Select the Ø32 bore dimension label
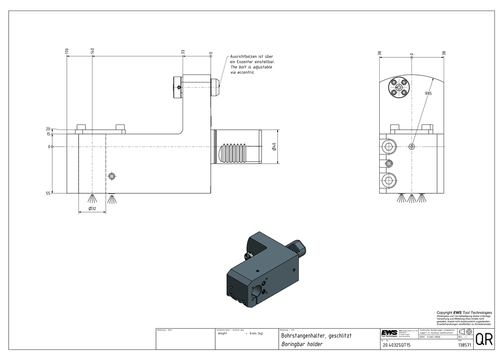92,208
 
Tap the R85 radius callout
428,94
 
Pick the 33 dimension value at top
183,51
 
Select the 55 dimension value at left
48,193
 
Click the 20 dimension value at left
48,129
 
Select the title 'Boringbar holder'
302,345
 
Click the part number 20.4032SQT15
397,345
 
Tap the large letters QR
483,339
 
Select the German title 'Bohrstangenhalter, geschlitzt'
316,335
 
